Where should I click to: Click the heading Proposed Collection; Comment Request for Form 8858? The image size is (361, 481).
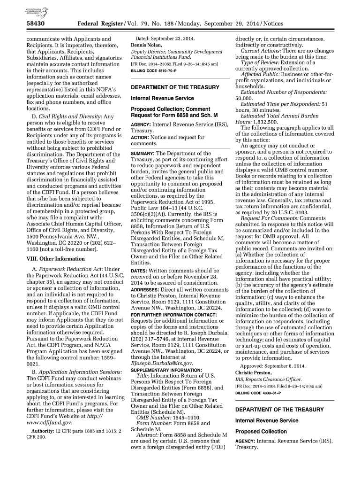click(x=174, y=112)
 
